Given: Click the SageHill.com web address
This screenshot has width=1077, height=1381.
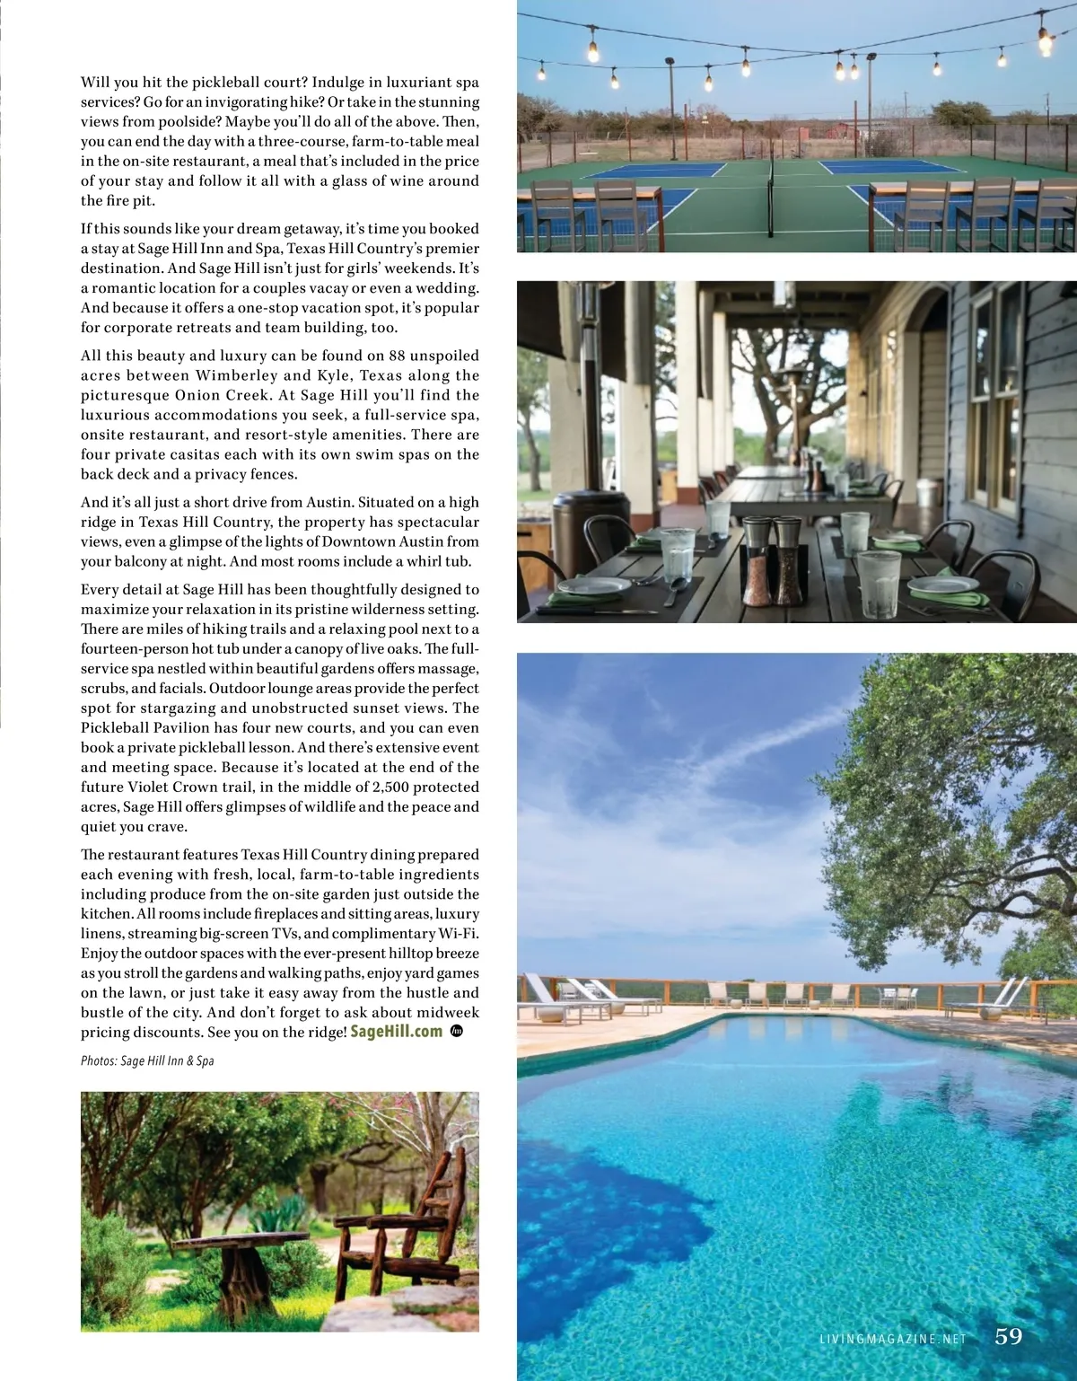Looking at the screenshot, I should click(x=396, y=1032).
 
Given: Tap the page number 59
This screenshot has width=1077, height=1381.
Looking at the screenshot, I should click(x=1009, y=1336).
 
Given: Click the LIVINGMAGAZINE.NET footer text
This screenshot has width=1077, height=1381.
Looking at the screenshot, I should click(x=893, y=1339).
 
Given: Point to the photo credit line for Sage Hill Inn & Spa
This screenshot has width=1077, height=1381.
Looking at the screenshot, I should click(x=147, y=1060).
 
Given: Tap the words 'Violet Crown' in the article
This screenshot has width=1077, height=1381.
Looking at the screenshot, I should click(x=173, y=787).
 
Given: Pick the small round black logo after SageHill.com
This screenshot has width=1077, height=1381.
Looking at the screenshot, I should click(x=456, y=1032).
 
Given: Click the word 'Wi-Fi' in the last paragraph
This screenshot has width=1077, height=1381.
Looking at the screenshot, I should click(x=457, y=934).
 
